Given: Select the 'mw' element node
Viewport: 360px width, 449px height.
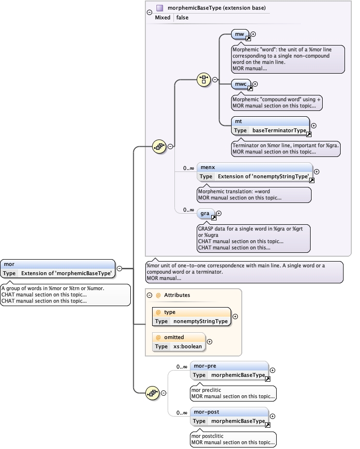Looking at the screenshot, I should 240,34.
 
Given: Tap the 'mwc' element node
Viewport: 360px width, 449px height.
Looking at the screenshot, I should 241,84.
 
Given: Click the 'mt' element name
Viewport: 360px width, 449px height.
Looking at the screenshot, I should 239,122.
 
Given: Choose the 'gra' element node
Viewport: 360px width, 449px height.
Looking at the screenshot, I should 204,213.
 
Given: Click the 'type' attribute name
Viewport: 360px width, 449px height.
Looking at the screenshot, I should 170,312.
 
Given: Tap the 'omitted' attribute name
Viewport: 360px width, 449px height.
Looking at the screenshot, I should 174,337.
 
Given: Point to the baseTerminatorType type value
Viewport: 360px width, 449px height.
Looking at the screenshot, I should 279,131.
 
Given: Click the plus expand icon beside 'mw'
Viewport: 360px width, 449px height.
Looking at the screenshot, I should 253,34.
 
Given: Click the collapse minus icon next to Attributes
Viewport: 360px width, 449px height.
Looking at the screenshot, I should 150,295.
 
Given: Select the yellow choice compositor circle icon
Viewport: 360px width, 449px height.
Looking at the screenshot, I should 203,80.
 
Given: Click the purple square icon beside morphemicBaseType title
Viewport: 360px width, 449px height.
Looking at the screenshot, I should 159,8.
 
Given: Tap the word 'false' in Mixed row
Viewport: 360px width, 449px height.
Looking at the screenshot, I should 182,17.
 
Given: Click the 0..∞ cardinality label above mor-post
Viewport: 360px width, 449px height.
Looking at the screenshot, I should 182,413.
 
